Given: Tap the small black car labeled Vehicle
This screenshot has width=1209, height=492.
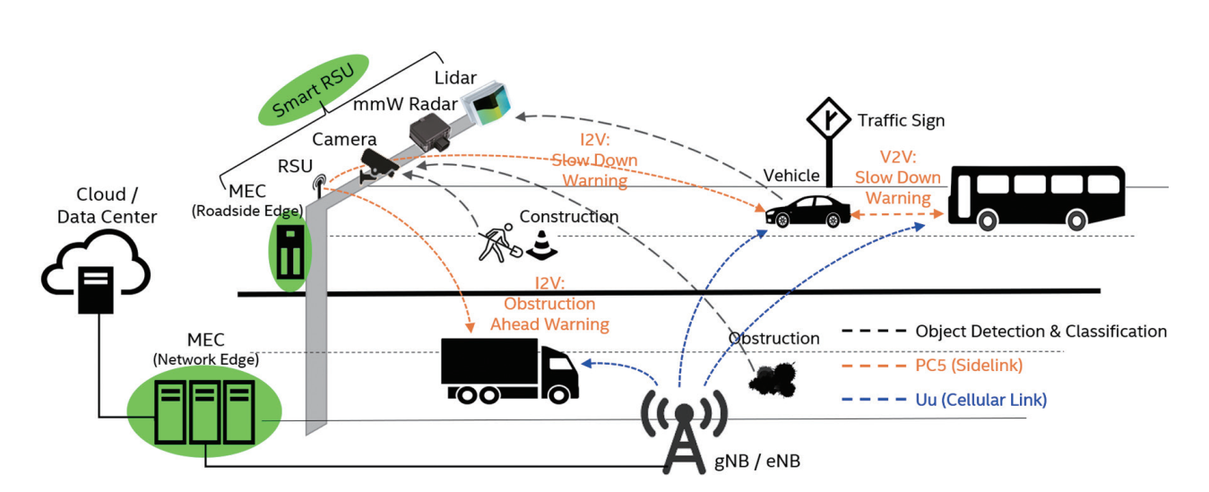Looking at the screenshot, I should (x=807, y=212).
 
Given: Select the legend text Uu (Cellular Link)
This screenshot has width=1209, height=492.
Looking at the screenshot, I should (x=980, y=399).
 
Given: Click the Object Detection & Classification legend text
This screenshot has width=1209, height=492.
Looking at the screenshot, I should (x=1041, y=332).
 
